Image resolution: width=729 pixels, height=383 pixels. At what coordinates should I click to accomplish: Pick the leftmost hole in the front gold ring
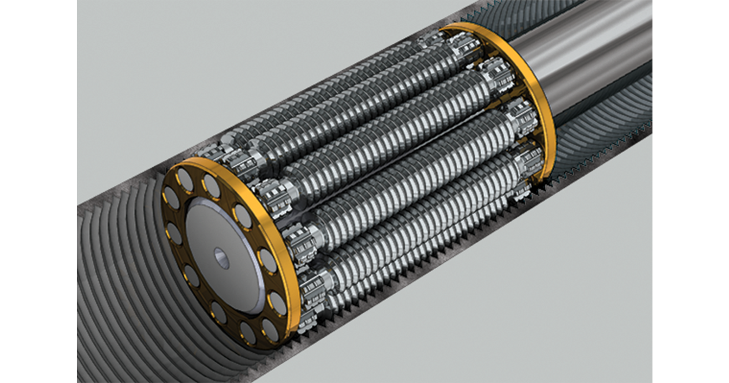tap(172, 226)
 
